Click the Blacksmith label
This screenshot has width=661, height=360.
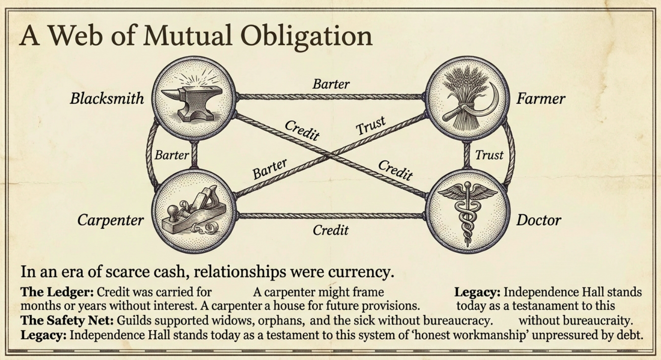point(107,99)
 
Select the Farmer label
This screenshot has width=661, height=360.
point(540,99)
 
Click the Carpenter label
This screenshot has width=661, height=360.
point(110,220)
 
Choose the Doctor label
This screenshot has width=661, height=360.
point(538,220)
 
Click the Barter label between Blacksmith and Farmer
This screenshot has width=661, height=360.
point(331,84)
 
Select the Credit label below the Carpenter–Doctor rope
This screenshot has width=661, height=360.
point(330,230)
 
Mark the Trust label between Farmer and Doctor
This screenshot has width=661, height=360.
point(489,155)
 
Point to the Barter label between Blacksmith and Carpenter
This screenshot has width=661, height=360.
point(172,155)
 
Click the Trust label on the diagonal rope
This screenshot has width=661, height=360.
point(370,125)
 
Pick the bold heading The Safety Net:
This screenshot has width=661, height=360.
point(67,321)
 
